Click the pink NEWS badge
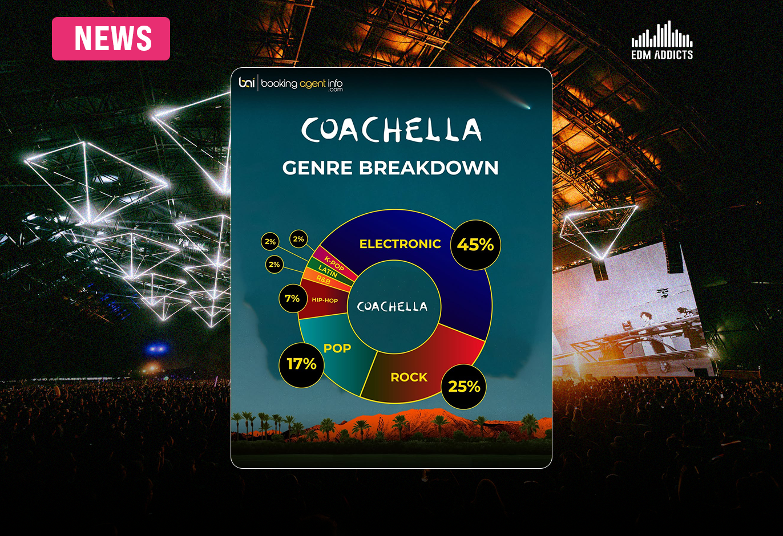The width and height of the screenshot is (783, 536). click(111, 39)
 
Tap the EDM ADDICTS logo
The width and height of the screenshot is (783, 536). click(662, 41)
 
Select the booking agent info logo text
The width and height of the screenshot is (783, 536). click(301, 84)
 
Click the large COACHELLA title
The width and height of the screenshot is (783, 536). click(391, 130)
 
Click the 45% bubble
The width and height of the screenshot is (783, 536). click(475, 245)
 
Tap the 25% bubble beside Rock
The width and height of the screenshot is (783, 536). click(464, 387)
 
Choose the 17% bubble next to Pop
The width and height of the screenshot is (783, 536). click(301, 364)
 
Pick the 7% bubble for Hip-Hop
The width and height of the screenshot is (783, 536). click(292, 298)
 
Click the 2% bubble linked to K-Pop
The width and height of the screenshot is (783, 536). click(298, 239)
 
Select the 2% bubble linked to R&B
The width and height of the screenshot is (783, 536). click(275, 265)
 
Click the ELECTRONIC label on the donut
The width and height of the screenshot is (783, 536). click(400, 244)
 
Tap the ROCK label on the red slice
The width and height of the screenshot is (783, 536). click(409, 377)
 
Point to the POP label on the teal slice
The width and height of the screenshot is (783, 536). click(337, 348)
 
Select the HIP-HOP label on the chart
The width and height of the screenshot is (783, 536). click(325, 300)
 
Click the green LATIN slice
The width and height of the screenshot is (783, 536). click(328, 270)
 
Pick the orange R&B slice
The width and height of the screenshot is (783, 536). click(323, 280)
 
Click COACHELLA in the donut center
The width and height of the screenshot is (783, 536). click(392, 307)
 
